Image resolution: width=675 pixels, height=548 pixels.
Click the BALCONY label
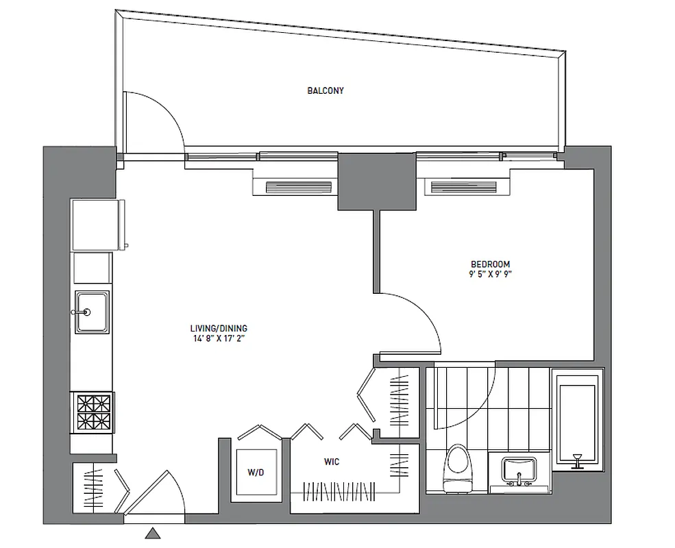click(326, 90)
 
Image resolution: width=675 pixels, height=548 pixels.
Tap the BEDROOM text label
click(489, 264)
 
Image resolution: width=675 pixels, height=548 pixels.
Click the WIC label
click(332, 462)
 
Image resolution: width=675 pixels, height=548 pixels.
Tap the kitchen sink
click(92, 312)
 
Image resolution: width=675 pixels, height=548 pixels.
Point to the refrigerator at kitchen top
click(97, 225)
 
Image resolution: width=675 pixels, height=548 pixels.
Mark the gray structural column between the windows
click(377, 182)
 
